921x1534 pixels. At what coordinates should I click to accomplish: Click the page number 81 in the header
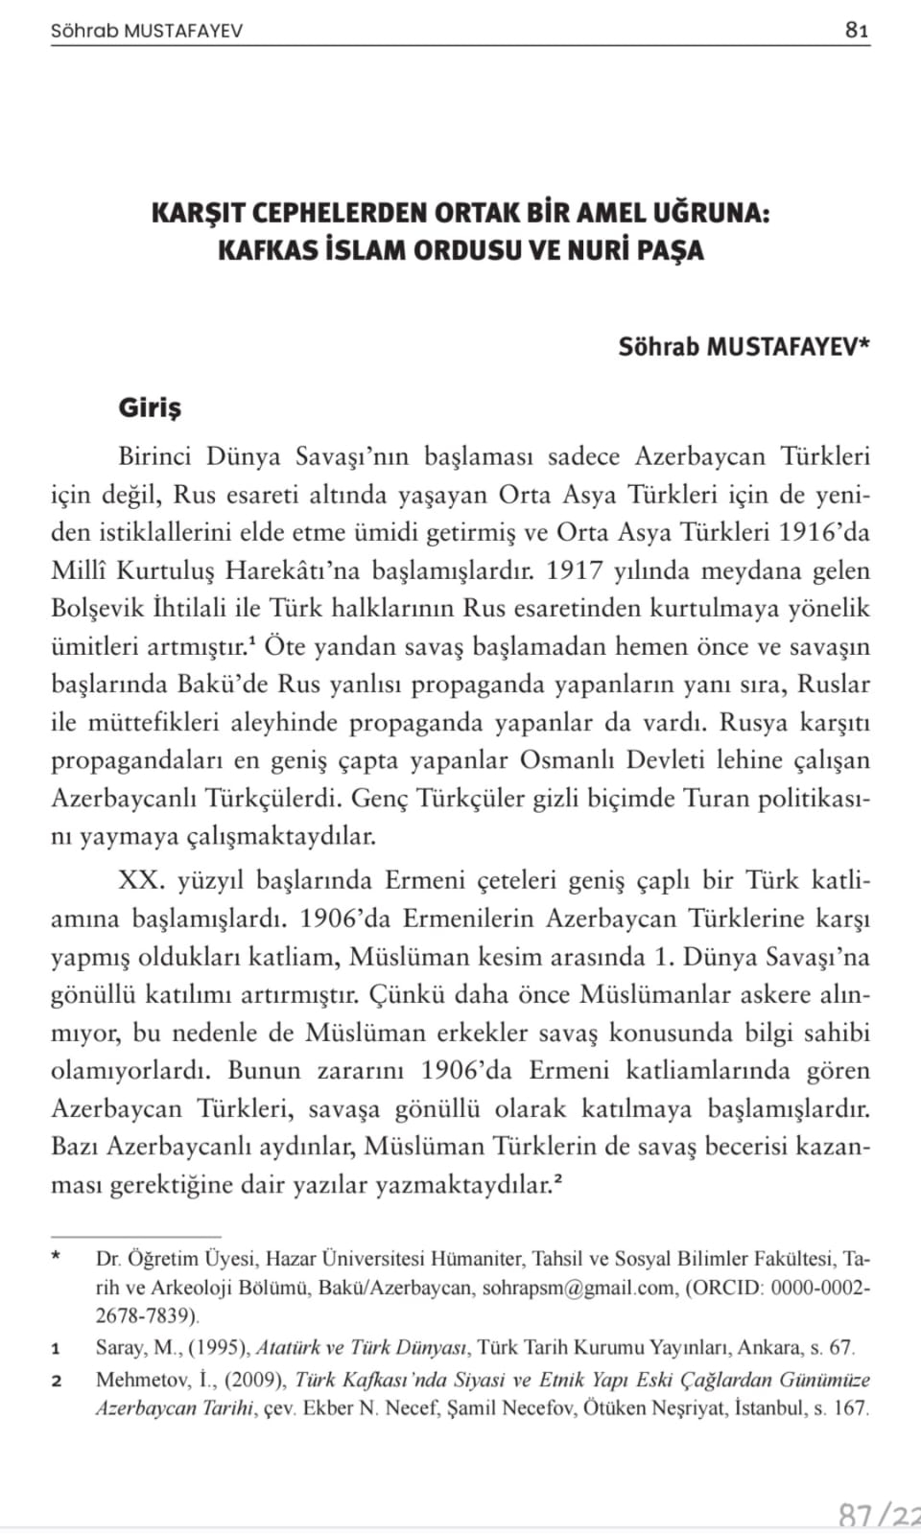857,30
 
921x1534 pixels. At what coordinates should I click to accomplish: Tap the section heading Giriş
150,407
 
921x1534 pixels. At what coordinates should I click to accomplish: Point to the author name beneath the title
744,346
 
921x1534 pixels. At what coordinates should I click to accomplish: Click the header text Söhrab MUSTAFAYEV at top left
147,31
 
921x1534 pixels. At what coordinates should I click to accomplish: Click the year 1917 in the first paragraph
575,570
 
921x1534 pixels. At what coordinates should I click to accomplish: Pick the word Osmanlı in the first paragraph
570,760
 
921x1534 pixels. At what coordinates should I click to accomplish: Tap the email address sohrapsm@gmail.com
579,1288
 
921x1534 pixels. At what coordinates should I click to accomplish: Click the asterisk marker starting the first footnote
57,1257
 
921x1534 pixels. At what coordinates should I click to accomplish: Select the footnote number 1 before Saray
57,1349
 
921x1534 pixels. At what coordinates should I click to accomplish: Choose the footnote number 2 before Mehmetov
57,1382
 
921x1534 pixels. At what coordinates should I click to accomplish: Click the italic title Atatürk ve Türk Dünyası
362,1348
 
